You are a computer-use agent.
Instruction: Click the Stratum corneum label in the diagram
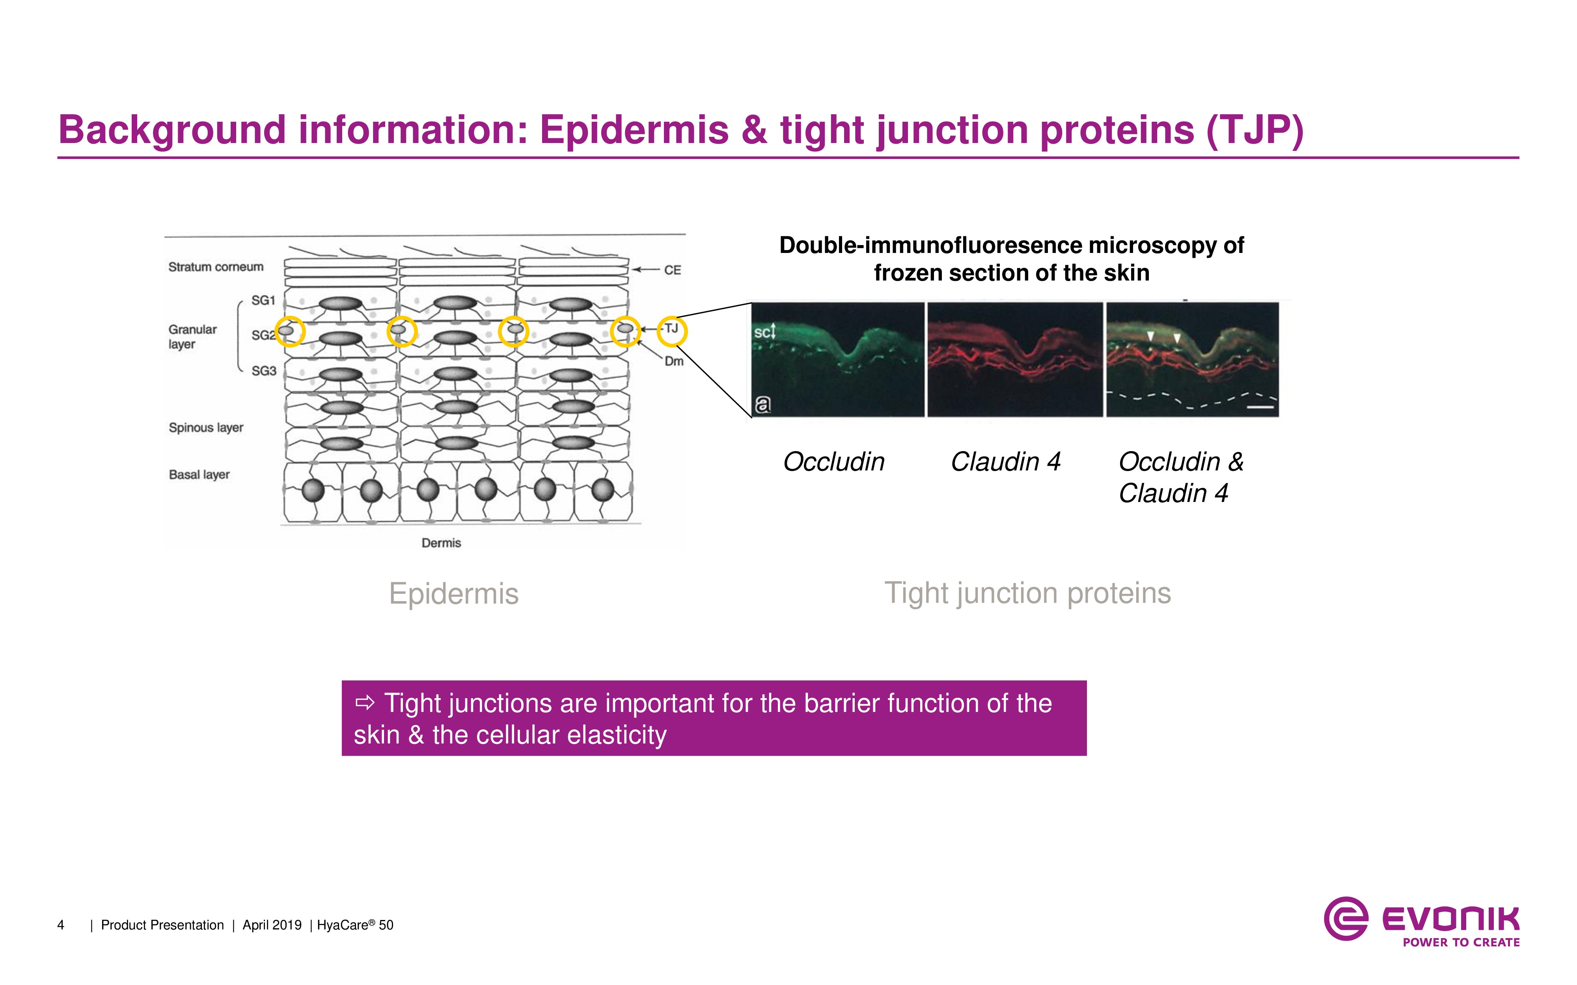click(216, 267)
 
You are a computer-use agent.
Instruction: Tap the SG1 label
click(263, 300)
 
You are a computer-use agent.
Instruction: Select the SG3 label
click(264, 371)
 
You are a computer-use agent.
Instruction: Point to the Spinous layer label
click(206, 428)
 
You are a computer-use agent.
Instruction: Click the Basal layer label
click(199, 475)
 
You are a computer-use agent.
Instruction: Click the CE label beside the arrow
click(673, 270)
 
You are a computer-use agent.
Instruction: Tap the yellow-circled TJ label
click(672, 329)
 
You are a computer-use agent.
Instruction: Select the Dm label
click(674, 361)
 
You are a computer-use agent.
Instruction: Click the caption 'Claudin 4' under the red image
click(1005, 462)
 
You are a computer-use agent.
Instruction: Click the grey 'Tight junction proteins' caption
click(1028, 593)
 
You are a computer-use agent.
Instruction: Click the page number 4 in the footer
click(61, 925)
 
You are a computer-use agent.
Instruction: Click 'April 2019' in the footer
click(272, 925)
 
